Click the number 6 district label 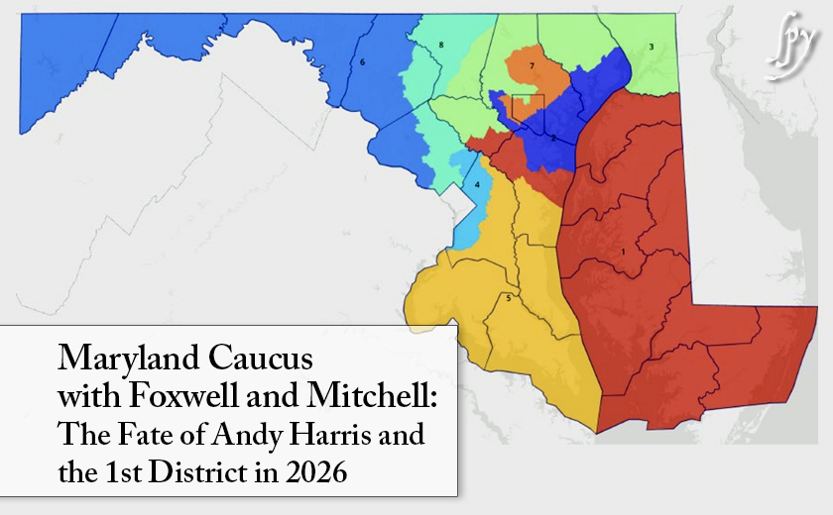(x=363, y=62)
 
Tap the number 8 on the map (x=440, y=46)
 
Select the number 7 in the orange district (x=533, y=65)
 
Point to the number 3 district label (x=651, y=47)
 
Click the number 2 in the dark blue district (x=552, y=138)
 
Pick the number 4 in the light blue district (x=477, y=184)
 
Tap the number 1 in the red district (x=622, y=253)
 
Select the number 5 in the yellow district (x=509, y=298)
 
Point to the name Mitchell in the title (x=364, y=396)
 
